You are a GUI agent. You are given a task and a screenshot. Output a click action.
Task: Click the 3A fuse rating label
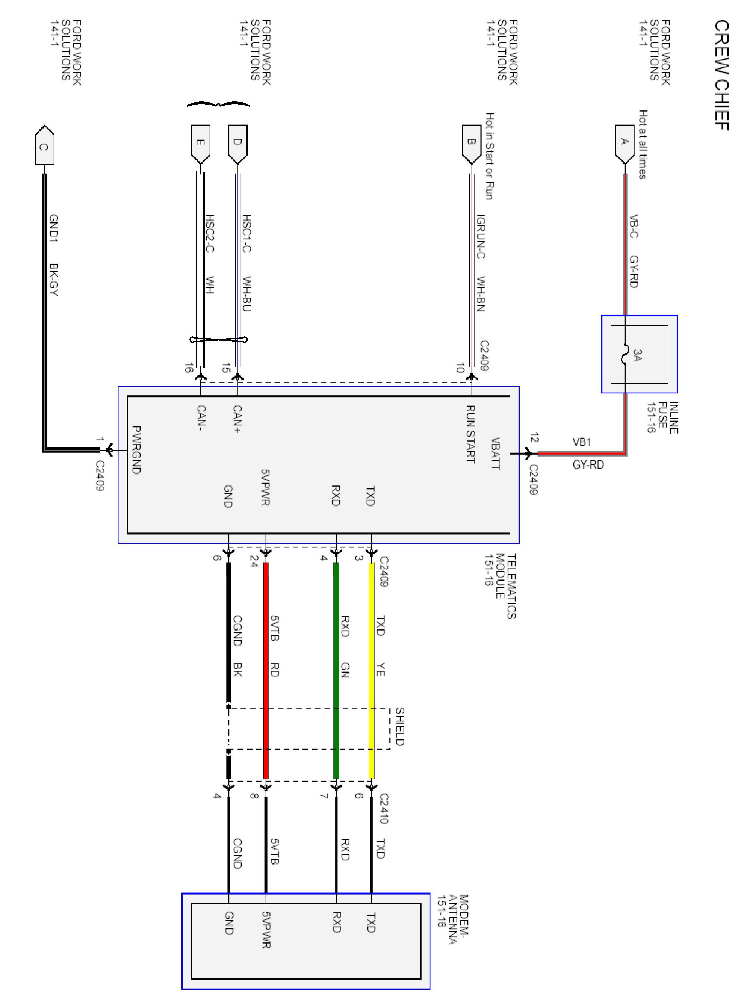637,355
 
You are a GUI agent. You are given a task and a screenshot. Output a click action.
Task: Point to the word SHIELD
399,726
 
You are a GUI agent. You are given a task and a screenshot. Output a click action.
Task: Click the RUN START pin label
470,434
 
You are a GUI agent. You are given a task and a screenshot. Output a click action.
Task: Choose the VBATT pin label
495,453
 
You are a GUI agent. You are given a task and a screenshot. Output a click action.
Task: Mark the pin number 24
254,561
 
